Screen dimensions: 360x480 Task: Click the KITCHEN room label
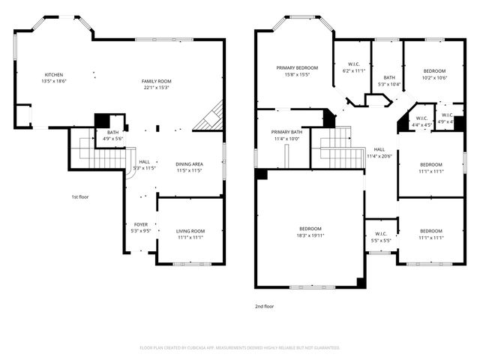pyautogui.click(x=54, y=75)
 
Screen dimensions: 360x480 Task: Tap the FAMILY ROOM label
pyautogui.click(x=157, y=81)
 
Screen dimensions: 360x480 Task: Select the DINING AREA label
pyautogui.click(x=189, y=164)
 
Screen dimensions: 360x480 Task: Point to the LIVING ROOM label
pyautogui.click(x=190, y=231)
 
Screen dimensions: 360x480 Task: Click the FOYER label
pyautogui.click(x=141, y=224)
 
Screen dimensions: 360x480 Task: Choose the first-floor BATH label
pyautogui.click(x=112, y=132)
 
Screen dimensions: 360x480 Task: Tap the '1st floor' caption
pyautogui.click(x=80, y=197)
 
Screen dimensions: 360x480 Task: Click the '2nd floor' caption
pyautogui.click(x=265, y=307)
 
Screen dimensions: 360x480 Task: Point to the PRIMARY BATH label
pyautogui.click(x=286, y=132)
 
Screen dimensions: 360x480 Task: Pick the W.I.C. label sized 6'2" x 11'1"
pyautogui.click(x=353, y=70)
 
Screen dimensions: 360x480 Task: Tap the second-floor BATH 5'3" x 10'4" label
pyautogui.click(x=389, y=84)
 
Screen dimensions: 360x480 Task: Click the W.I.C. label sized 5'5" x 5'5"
pyautogui.click(x=381, y=241)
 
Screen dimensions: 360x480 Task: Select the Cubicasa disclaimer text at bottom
pyautogui.click(x=240, y=348)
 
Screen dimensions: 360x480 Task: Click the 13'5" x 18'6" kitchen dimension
pyautogui.click(x=54, y=81)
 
